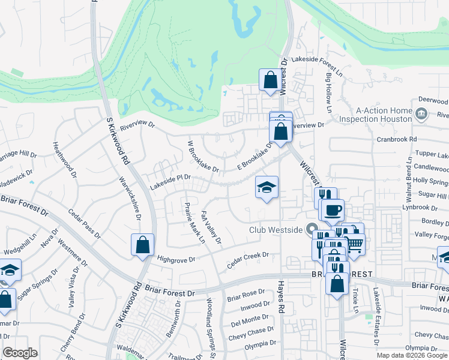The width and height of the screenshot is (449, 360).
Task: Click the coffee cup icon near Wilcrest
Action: pyautogui.click(x=333, y=210)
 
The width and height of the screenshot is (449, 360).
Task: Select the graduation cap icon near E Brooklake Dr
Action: pyautogui.click(x=267, y=187)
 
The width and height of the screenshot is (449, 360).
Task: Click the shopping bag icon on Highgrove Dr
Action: pyautogui.click(x=142, y=244)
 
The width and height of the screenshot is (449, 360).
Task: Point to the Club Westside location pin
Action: pyautogui.click(x=311, y=229)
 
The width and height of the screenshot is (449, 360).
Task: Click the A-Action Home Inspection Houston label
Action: pyautogui.click(x=384, y=115)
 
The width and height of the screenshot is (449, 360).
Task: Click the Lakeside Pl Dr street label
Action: pyautogui.click(x=170, y=179)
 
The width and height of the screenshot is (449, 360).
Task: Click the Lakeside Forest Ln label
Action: pyautogui.click(x=316, y=60)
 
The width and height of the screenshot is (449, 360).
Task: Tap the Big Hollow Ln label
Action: pyautogui.click(x=329, y=93)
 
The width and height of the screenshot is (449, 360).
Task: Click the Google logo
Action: pyautogui.click(x=20, y=353)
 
